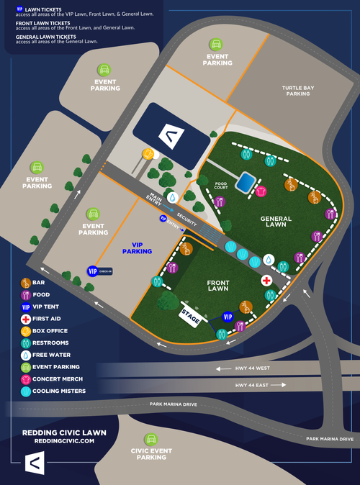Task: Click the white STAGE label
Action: coord(190,316)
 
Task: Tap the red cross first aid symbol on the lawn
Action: coord(266,280)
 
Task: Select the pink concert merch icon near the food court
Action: coord(261,191)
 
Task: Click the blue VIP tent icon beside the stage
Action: coord(228,317)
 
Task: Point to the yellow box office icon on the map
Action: coord(148,154)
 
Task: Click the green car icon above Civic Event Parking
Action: coord(150,439)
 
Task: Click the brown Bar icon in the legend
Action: coord(26,283)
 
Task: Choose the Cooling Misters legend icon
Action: coord(26,391)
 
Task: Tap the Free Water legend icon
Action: coord(26,355)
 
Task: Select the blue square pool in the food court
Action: coord(246,181)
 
